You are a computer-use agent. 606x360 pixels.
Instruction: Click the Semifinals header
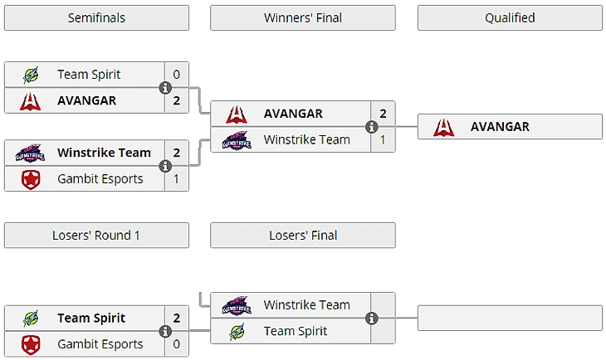[x=96, y=17]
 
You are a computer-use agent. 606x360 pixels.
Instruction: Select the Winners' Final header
[x=303, y=17]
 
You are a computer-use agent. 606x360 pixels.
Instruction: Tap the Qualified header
[x=510, y=17]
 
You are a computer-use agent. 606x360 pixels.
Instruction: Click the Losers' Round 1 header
[x=96, y=236]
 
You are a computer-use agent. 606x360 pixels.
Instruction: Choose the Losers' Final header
[x=303, y=236]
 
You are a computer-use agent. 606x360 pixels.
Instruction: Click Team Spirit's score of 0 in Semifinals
[x=177, y=75]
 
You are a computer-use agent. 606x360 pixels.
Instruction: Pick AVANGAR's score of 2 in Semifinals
[x=177, y=100]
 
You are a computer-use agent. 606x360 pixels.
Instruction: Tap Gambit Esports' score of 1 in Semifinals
[x=177, y=178]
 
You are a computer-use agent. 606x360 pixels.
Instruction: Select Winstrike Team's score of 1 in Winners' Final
[x=383, y=139]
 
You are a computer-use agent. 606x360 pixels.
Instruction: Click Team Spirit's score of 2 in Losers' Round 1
[x=177, y=318]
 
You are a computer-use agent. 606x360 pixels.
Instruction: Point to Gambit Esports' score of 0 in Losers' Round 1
[x=177, y=344]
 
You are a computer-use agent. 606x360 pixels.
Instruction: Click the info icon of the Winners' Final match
[x=372, y=127]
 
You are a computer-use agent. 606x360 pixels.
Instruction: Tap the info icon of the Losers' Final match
[x=372, y=319]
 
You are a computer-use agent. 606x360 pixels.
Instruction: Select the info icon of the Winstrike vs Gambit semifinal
[x=165, y=166]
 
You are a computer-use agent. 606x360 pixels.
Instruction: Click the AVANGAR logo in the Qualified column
[x=444, y=127]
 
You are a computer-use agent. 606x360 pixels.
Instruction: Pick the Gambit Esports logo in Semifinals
[x=30, y=178]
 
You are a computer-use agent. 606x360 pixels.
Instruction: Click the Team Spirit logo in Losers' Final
[x=237, y=331]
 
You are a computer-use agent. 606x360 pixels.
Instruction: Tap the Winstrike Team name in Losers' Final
[x=306, y=305]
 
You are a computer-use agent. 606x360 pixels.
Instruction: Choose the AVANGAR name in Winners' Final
[x=293, y=114]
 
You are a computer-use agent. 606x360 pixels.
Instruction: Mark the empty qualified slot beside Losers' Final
[x=510, y=319]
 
